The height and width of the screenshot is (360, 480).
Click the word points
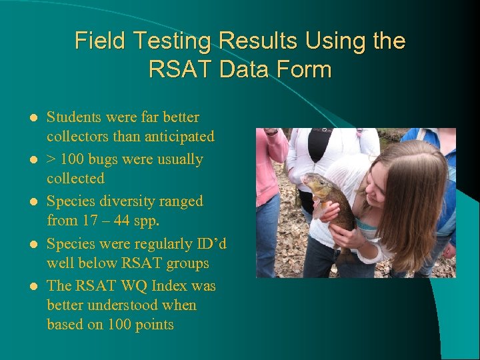153,325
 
